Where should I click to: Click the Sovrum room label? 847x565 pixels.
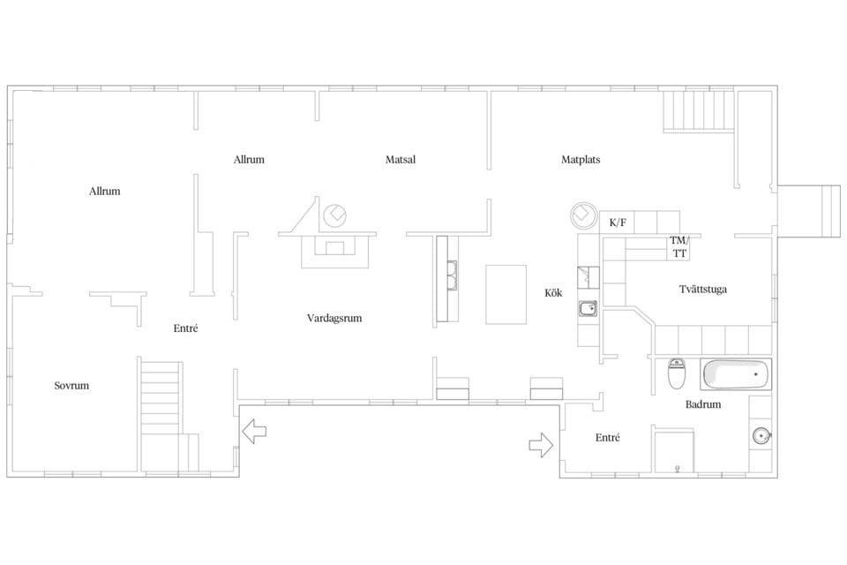(71, 386)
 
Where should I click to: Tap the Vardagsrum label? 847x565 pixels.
(334, 318)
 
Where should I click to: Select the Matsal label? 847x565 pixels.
(401, 160)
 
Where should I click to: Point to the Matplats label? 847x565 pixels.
(581, 160)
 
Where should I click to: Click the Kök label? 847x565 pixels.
(553, 292)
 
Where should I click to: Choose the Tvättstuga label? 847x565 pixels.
(703, 290)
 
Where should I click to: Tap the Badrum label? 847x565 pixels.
(703, 404)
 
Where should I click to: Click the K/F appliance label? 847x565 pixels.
(618, 222)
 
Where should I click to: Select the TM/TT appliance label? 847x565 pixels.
(679, 246)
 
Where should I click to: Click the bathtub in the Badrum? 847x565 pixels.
(736, 374)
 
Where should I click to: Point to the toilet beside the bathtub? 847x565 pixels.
(677, 373)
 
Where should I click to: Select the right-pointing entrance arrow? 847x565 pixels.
(541, 445)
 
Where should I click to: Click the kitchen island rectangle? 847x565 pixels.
(506, 295)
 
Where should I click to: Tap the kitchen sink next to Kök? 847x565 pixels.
(588, 308)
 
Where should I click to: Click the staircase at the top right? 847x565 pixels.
(699, 110)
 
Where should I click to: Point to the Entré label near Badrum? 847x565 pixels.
(608, 438)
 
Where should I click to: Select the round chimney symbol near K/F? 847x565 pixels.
(584, 215)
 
